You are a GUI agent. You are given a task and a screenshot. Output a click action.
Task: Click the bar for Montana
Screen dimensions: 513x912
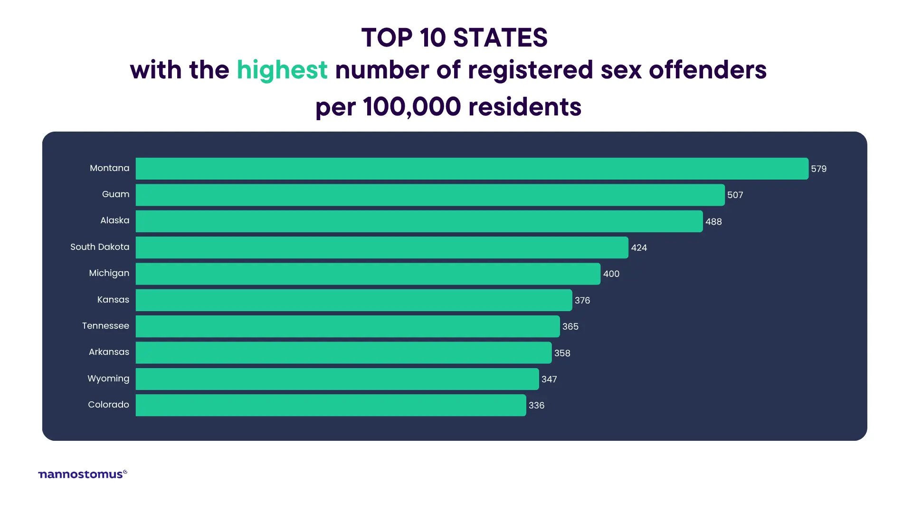(472, 169)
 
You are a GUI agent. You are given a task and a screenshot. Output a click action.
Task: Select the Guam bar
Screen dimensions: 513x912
(430, 195)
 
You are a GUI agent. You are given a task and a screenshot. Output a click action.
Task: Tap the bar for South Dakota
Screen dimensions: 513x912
(382, 247)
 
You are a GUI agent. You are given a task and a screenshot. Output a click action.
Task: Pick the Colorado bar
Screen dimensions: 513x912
(331, 405)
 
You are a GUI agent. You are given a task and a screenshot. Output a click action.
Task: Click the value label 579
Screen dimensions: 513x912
(818, 169)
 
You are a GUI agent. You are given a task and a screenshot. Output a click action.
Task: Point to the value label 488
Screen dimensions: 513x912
(713, 222)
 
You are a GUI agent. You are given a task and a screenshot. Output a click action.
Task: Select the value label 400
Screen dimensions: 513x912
(611, 274)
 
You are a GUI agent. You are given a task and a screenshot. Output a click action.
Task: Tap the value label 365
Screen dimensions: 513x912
(570, 327)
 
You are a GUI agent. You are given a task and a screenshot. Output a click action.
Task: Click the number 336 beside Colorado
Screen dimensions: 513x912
(536, 406)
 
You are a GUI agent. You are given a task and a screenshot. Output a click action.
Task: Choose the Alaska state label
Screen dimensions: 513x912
(114, 220)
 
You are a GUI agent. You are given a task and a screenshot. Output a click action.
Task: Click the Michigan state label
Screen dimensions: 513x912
(109, 273)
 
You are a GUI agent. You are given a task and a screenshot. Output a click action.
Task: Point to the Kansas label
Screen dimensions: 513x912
(113, 300)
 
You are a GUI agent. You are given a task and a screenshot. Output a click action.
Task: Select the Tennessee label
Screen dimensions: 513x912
(105, 326)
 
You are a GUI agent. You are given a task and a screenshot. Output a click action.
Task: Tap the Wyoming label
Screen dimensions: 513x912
(108, 379)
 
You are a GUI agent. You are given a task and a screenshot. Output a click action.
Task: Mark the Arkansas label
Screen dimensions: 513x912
(109, 352)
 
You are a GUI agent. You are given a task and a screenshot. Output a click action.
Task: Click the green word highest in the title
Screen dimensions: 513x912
(282, 70)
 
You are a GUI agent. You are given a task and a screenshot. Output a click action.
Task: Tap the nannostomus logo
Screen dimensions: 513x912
(82, 474)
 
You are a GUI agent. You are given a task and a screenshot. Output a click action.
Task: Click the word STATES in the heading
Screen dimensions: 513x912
(500, 38)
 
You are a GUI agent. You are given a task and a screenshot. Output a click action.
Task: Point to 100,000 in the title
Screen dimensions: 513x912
(412, 106)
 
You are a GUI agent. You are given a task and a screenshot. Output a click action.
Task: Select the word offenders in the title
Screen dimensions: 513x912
(707, 70)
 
